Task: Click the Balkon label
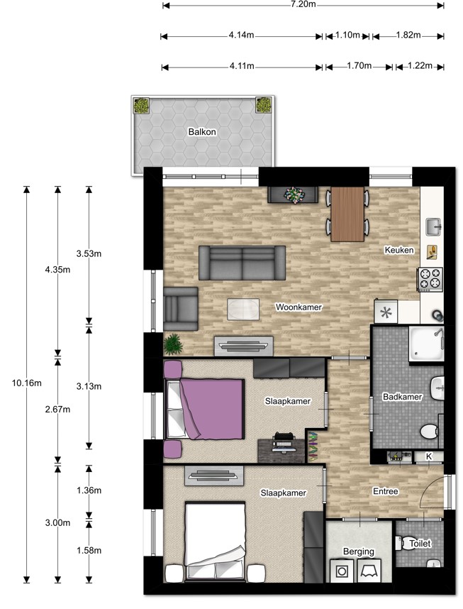[202, 131]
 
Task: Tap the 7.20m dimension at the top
[303, 5]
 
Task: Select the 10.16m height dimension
[26, 383]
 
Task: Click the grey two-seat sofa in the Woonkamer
[242, 263]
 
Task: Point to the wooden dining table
[347, 214]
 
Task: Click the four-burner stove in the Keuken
[430, 279]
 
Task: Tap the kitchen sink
[433, 227]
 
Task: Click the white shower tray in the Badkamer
[426, 344]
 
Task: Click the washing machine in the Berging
[342, 571]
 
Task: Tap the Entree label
[386, 491]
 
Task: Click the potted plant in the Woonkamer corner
[173, 344]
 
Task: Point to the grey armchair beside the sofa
[181, 309]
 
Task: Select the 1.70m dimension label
[359, 65]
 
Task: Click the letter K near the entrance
[429, 456]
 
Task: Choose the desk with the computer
[281, 451]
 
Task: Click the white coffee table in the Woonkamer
[243, 309]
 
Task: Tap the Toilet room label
[420, 544]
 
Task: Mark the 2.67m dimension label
[57, 410]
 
